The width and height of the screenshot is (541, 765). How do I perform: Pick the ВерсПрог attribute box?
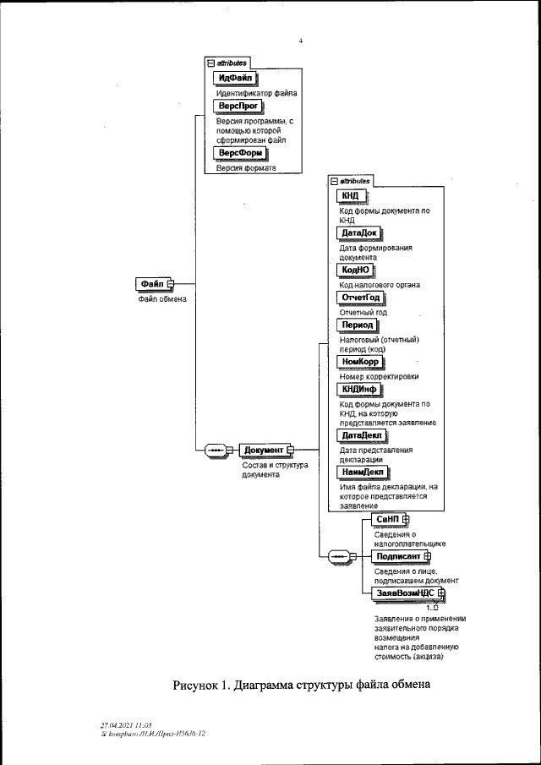click(x=236, y=106)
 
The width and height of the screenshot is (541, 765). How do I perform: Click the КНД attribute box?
click(x=349, y=197)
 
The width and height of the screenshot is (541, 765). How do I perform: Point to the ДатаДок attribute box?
click(x=359, y=232)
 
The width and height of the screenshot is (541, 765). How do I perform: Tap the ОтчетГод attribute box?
click(x=360, y=298)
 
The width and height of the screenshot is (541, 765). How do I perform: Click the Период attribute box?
click(x=356, y=325)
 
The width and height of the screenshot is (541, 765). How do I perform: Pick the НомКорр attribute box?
click(x=359, y=362)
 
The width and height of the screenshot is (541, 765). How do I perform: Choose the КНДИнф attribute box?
click(x=358, y=389)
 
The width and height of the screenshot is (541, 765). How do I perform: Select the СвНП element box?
click(x=388, y=519)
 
